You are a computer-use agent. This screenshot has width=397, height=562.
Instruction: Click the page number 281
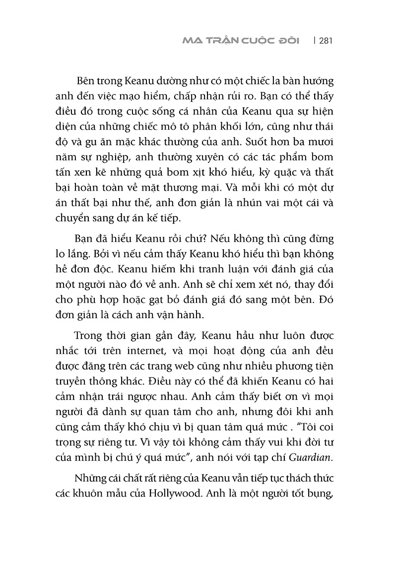(323, 40)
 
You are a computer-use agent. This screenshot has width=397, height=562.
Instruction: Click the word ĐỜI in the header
(284, 40)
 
